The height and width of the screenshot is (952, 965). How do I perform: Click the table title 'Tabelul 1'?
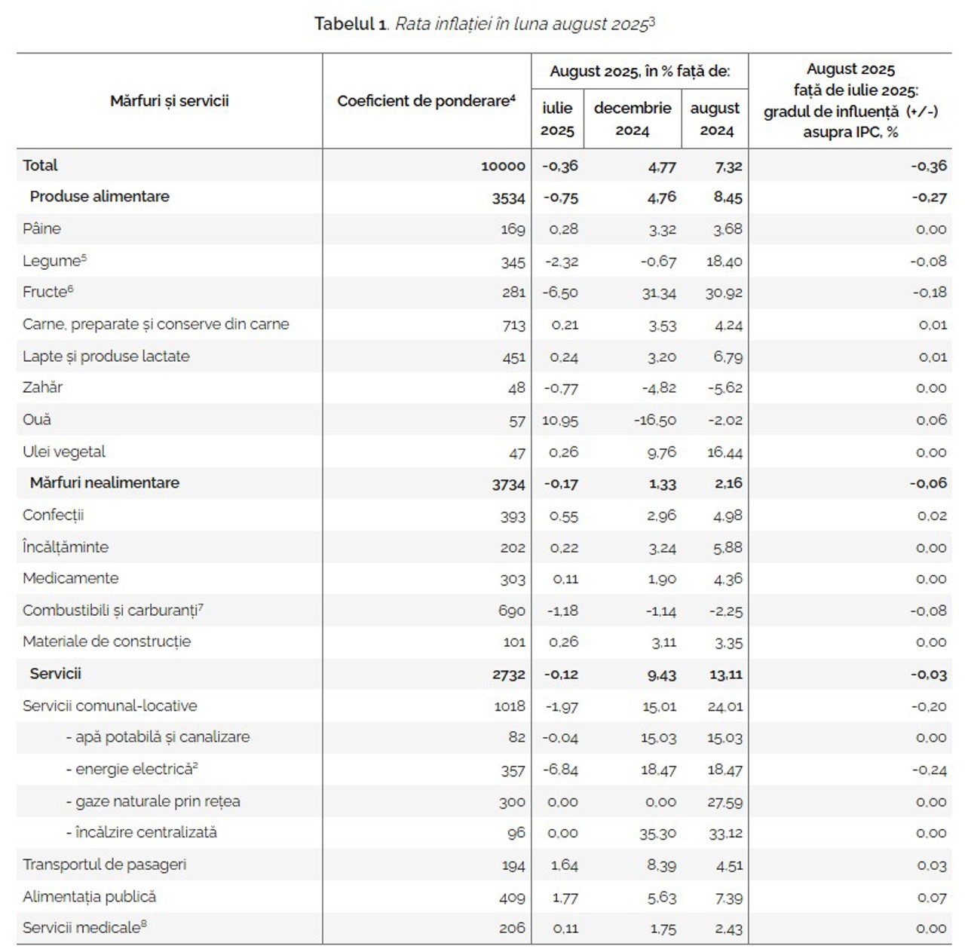point(350,24)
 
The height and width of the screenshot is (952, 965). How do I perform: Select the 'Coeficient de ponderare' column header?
point(426,101)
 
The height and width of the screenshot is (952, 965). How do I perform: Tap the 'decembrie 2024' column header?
point(632,119)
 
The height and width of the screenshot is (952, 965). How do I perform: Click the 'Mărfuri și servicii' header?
point(169,101)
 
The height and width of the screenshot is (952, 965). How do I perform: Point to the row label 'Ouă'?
point(37,420)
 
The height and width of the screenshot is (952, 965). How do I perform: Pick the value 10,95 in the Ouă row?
point(559,421)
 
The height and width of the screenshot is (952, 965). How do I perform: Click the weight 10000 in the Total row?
point(503,167)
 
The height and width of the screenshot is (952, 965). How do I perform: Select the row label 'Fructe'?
point(45,292)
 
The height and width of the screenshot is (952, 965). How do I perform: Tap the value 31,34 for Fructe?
point(658,293)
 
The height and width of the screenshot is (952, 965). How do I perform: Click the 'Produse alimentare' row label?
point(100,197)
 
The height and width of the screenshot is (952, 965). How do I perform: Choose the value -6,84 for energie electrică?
point(559,770)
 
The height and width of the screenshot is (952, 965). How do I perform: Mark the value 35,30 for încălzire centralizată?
point(658,834)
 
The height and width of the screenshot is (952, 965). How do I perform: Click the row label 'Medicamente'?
point(70,579)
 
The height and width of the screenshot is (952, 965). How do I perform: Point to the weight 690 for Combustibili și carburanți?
point(511,611)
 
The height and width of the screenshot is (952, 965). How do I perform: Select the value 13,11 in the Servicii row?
point(725,675)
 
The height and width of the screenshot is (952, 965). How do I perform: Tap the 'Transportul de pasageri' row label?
point(104,865)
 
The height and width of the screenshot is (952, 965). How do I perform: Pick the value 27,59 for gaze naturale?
point(724,802)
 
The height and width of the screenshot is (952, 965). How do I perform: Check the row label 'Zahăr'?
point(42,388)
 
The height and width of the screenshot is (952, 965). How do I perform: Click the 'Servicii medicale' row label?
point(81,929)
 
